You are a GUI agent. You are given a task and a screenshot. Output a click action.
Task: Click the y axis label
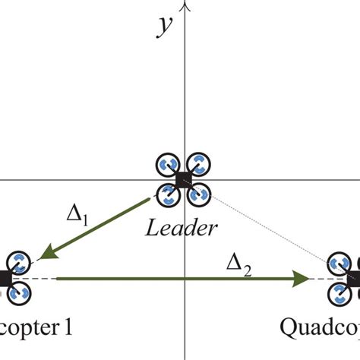click(x=163, y=26)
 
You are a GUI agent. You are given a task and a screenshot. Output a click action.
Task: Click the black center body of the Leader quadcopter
click(x=182, y=179)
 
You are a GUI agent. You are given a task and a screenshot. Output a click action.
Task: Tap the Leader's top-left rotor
click(x=167, y=165)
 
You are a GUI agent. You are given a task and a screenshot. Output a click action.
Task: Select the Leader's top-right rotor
click(x=197, y=165)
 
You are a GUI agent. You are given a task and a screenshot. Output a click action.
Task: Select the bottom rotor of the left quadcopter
click(x=17, y=293)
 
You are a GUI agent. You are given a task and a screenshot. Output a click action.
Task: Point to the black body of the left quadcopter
click(x=4, y=279)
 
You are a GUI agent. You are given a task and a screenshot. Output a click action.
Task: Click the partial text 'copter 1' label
click(x=34, y=330)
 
